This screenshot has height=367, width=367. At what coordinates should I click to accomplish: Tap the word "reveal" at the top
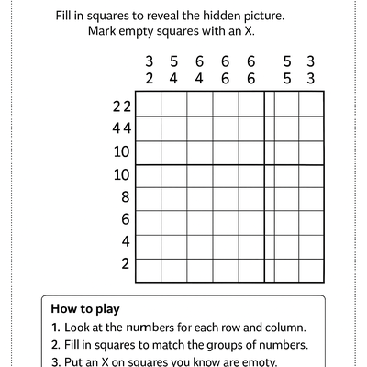pos(167,16)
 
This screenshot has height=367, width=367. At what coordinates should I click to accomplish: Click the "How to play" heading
pos(85,309)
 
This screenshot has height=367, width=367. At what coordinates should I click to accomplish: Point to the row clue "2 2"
pos(122,106)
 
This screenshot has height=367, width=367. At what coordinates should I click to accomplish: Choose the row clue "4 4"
pos(122,128)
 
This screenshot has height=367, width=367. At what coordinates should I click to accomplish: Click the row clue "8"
pos(127,196)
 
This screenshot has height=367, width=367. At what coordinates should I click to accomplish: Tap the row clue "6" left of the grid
pos(127,219)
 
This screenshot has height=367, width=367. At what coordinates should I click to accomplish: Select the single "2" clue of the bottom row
pos(127,264)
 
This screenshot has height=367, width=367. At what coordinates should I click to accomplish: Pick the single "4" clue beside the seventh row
pos(127,242)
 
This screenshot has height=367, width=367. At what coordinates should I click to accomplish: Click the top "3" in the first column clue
pos(149,61)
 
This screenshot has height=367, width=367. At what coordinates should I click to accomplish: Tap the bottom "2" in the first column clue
pos(149,78)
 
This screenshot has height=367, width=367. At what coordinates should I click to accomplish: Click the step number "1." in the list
pos(56,328)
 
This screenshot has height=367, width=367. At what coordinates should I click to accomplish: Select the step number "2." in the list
pos(56,346)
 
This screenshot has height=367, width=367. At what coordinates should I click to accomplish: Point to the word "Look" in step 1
pos(80,328)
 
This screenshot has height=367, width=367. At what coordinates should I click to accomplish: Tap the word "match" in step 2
pos(195,346)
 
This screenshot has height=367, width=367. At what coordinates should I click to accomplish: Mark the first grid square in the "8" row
pos(149,196)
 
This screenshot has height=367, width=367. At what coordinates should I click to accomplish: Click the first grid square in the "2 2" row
pos(149,106)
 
